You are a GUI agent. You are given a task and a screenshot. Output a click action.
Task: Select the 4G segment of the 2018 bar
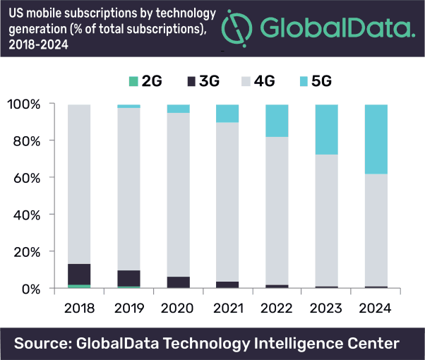78,184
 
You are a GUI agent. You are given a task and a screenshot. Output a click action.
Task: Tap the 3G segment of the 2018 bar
78,274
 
